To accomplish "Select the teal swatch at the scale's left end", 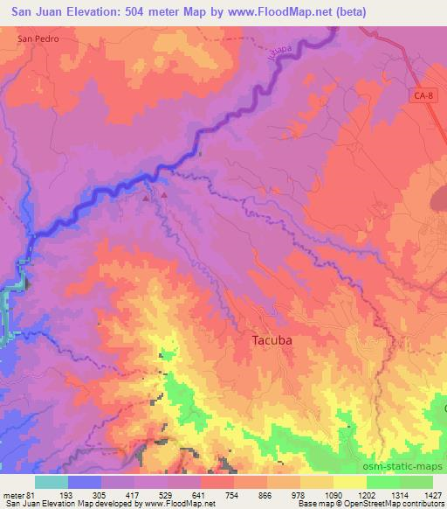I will [51, 482].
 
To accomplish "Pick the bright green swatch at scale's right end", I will [416, 482].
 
